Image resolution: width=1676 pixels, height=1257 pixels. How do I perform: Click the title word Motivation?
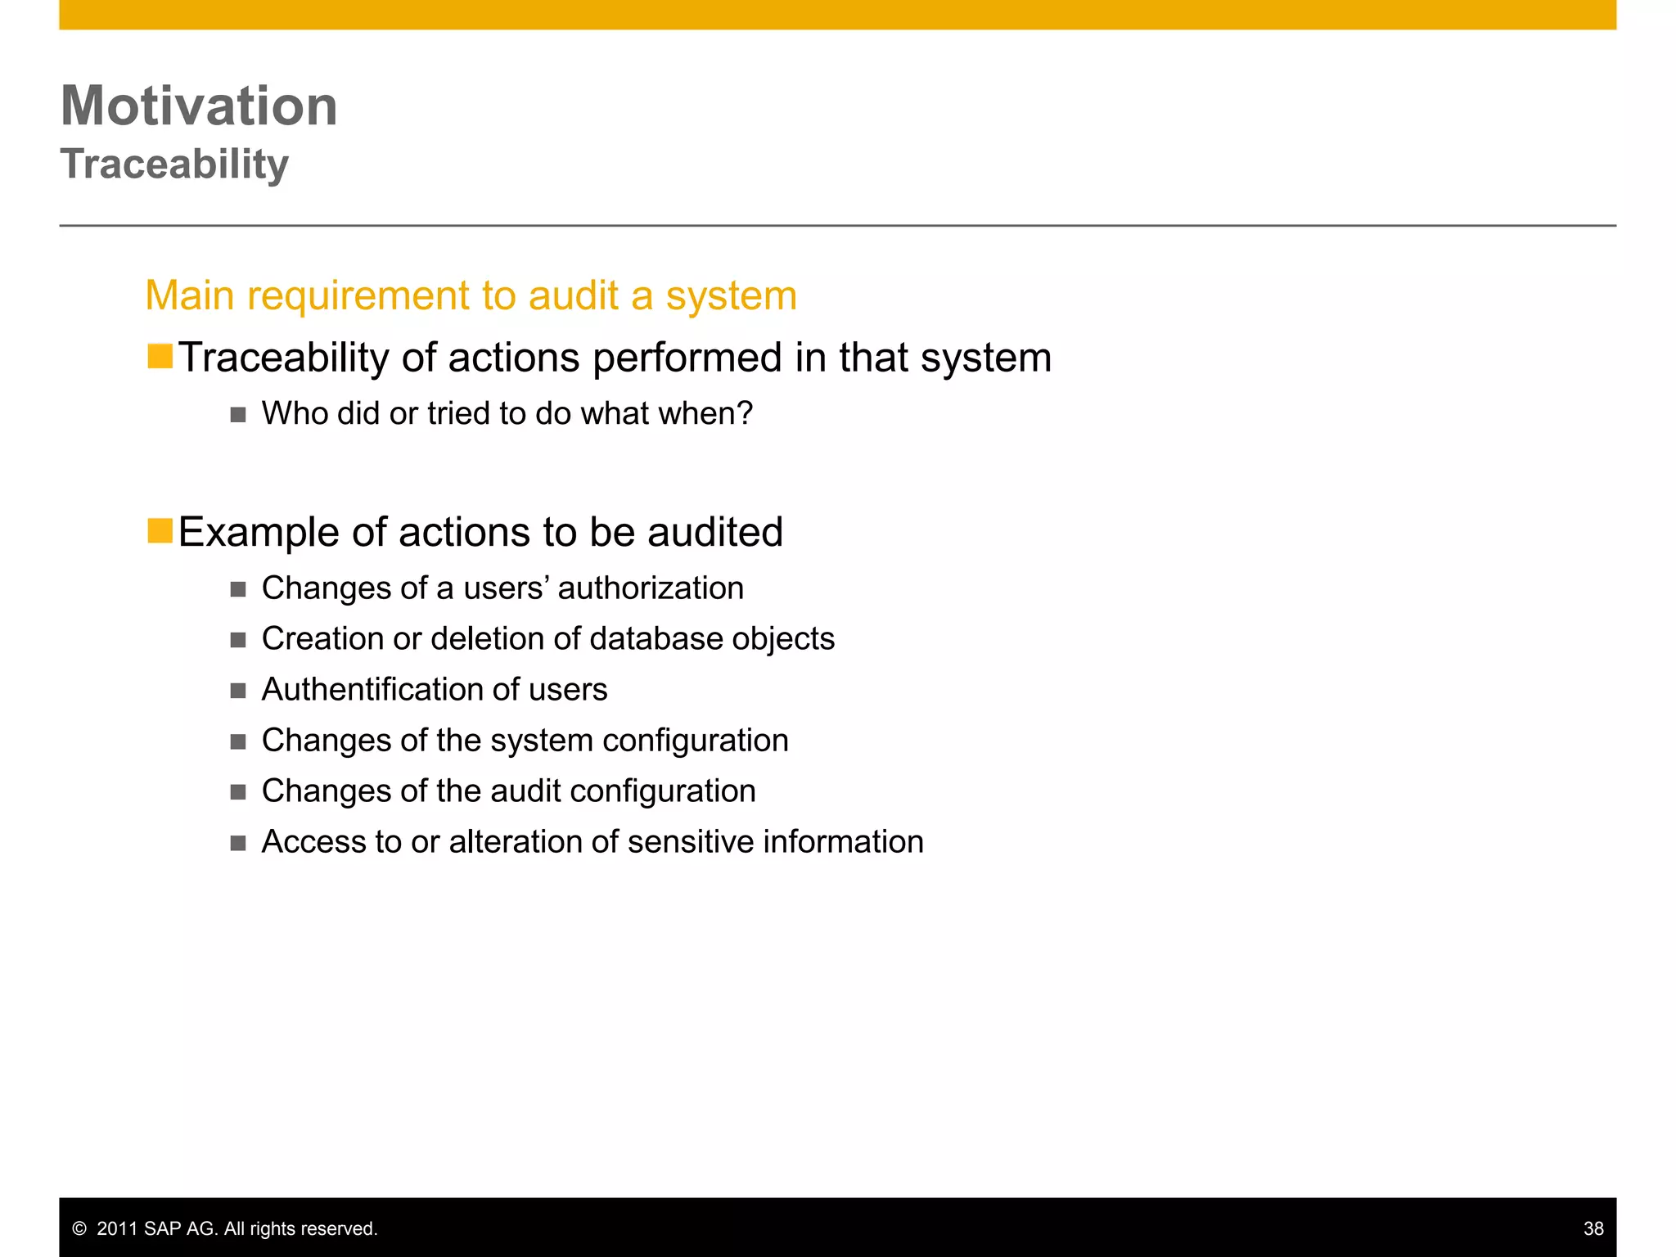(x=199, y=106)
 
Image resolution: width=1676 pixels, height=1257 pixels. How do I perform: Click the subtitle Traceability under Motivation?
(x=174, y=164)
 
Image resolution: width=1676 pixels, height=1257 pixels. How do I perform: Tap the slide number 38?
(x=1593, y=1228)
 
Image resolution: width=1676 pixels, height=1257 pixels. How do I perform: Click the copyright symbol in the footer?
(x=79, y=1228)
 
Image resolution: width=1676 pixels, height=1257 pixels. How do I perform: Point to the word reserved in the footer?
(x=344, y=1228)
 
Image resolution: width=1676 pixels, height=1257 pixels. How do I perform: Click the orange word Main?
(x=190, y=295)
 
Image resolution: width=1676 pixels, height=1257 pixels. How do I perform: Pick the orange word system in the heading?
(x=731, y=296)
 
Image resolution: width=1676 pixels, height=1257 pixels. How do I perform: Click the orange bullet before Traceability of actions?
(x=160, y=357)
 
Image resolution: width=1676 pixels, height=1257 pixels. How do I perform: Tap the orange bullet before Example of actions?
(x=160, y=531)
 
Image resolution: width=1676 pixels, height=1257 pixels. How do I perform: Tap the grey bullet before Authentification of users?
(x=238, y=691)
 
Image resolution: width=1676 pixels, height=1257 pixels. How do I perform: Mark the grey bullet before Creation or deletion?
(x=238, y=640)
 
